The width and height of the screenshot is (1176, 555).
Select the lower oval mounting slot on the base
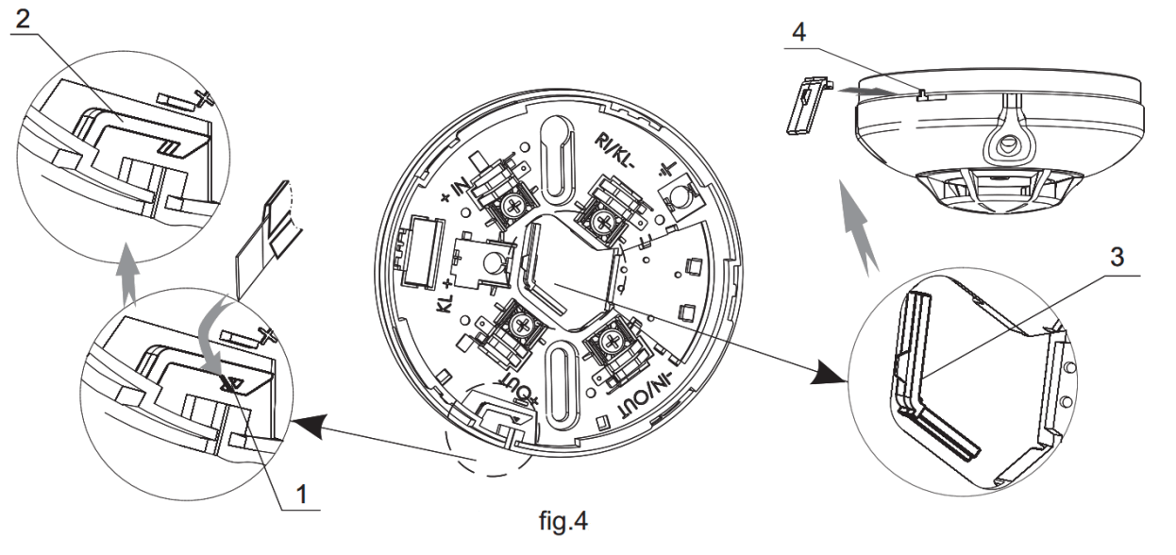point(557,382)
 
